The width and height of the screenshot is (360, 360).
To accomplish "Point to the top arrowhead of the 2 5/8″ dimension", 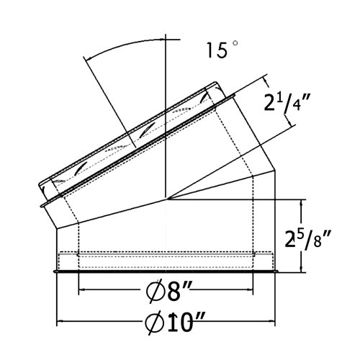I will pyautogui.click(x=301, y=203).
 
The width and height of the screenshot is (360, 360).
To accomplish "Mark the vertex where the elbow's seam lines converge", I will pyautogui.click(x=166, y=198).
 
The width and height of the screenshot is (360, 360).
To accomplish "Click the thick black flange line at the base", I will pyautogui.click(x=166, y=272).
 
